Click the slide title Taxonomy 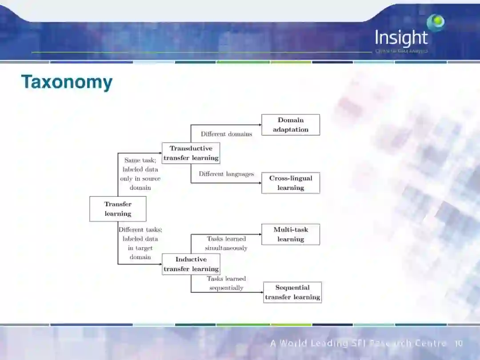coord(67,83)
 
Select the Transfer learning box coord(118,209)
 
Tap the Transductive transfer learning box coord(191,153)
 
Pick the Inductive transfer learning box coord(191,264)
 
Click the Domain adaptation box coord(291,125)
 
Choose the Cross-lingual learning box coord(291,183)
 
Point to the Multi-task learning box coord(291,234)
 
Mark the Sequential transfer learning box coord(292,292)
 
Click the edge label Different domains coord(226,134)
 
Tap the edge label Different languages coord(226,174)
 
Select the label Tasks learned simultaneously coord(226,244)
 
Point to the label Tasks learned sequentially coord(226,283)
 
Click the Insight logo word coord(401,38)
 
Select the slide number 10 coord(459,344)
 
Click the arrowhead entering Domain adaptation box coord(260,125)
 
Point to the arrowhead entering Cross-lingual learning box coord(260,183)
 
